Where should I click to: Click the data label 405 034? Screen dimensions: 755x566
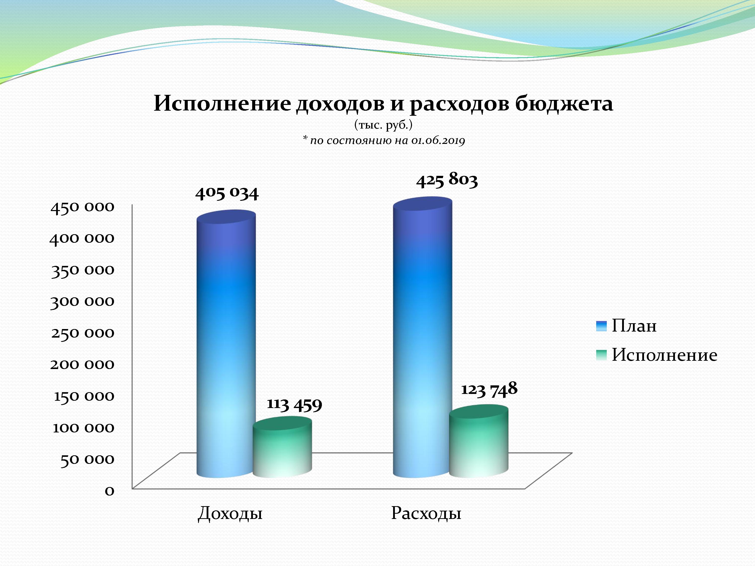227,193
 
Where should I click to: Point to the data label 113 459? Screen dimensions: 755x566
294,405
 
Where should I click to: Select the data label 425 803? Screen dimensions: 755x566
447,180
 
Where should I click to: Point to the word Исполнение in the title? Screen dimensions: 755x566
222,103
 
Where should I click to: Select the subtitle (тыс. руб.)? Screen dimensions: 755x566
383,126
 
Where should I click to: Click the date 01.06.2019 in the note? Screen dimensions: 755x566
438,140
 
